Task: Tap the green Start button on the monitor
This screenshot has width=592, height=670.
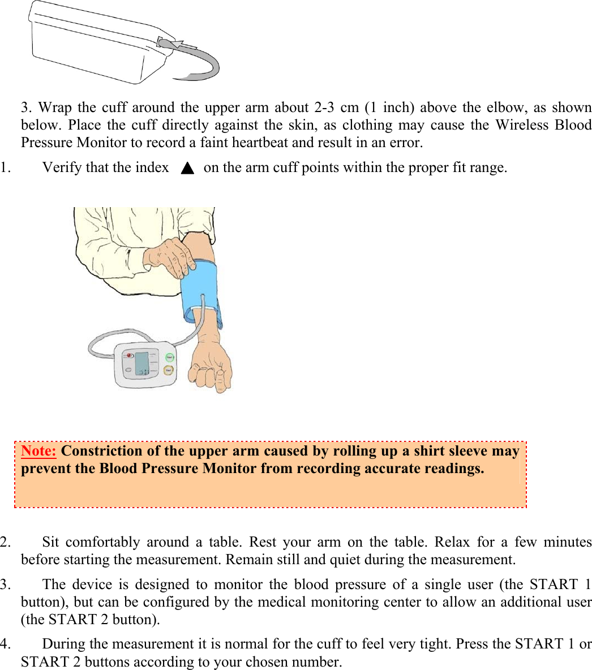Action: pyautogui.click(x=169, y=358)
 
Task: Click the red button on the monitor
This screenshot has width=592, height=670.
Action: pyautogui.click(x=129, y=356)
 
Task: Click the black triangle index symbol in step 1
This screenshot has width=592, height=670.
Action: pyautogui.click(x=188, y=168)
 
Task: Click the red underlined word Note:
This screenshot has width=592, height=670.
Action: pyautogui.click(x=38, y=451)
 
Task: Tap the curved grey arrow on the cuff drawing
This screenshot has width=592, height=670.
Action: pyautogui.click(x=198, y=62)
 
